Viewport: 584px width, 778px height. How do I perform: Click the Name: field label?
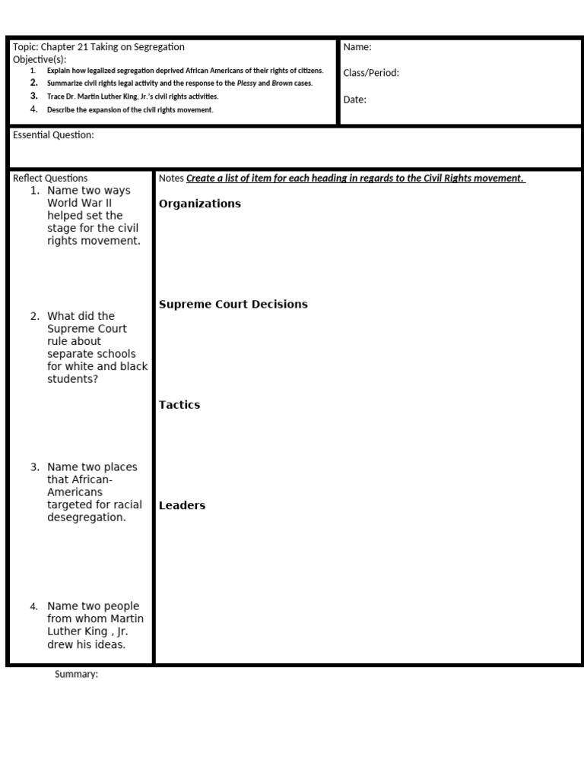tap(357, 47)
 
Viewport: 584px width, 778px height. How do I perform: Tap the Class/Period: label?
tap(371, 73)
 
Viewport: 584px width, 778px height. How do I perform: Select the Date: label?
tap(354, 99)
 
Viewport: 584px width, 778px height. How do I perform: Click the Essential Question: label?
tap(53, 135)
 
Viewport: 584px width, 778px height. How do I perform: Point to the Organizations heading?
tap(200, 204)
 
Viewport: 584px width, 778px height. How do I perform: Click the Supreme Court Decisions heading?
tap(233, 304)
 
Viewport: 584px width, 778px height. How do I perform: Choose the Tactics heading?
tap(179, 405)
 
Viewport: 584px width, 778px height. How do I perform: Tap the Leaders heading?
tap(182, 505)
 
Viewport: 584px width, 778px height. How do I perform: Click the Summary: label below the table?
tap(76, 675)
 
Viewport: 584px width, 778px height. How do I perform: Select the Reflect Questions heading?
tap(50, 179)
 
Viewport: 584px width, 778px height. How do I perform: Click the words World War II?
tap(82, 203)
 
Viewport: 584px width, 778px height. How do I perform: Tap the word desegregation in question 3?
tap(87, 517)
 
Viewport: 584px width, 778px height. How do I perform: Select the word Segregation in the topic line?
tap(158, 47)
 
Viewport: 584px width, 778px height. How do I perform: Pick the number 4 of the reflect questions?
tap(33, 606)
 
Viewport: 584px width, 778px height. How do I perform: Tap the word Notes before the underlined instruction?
tap(171, 179)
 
